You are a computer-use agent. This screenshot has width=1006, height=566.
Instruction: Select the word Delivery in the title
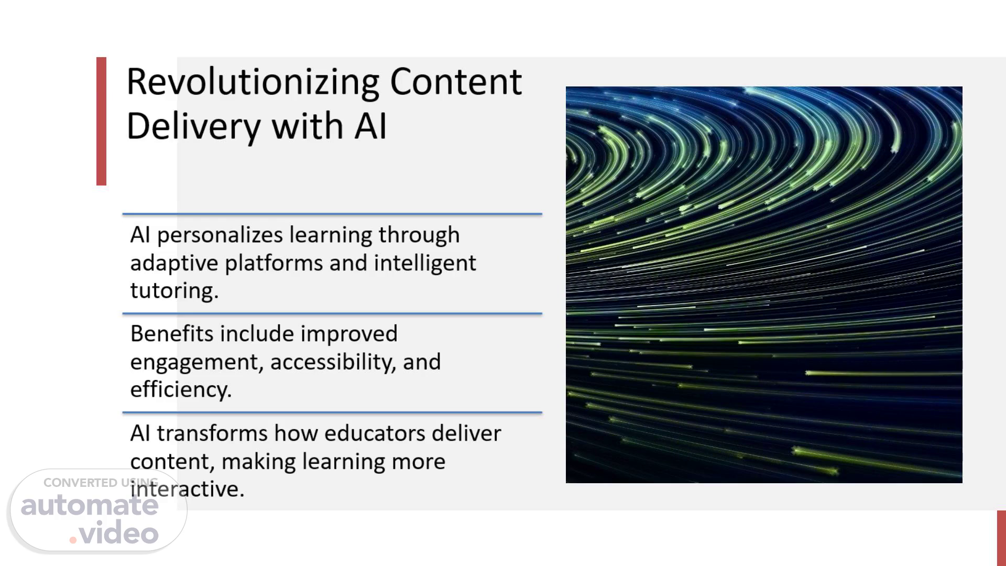pos(193,127)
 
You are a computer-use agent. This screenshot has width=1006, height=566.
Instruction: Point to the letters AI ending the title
pos(370,126)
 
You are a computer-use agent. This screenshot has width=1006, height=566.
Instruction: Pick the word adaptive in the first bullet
pos(174,263)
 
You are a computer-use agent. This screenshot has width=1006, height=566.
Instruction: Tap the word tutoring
pos(174,291)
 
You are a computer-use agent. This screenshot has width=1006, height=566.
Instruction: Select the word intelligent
pos(425,263)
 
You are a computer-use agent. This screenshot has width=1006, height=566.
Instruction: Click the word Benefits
pos(172,334)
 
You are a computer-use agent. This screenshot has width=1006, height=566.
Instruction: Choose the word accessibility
pos(333,362)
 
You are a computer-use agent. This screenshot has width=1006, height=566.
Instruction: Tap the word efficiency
pos(181,390)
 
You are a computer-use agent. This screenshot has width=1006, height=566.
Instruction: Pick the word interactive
pos(187,489)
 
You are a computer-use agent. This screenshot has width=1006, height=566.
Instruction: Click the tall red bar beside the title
pos(101,121)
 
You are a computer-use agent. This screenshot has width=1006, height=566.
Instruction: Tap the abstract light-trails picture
pos(764,285)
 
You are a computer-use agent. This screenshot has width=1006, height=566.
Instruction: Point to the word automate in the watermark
pos(90,505)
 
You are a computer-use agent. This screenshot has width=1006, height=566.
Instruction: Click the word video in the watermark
pos(119,533)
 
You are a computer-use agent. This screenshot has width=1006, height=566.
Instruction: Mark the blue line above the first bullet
pos(332,214)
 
